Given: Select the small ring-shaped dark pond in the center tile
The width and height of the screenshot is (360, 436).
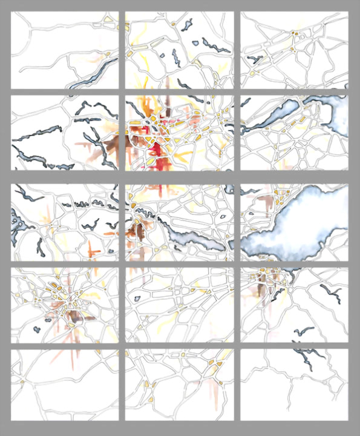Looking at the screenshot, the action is pos(223,216).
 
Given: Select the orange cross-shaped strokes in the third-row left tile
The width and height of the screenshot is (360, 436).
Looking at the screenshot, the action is pos(91,248).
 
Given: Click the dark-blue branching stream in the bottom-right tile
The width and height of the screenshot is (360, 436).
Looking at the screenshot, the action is pos(303,357).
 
